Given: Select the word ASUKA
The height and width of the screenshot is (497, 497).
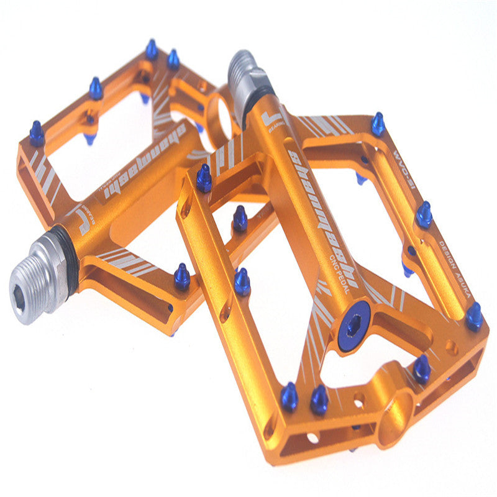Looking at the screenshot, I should coord(463,283).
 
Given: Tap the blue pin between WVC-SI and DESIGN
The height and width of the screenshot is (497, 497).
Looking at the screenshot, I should coord(424,214).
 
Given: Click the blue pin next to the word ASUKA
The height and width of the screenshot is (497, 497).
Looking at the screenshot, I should coord(474,316).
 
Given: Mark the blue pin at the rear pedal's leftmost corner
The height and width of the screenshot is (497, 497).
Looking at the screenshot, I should coord(37,133).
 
